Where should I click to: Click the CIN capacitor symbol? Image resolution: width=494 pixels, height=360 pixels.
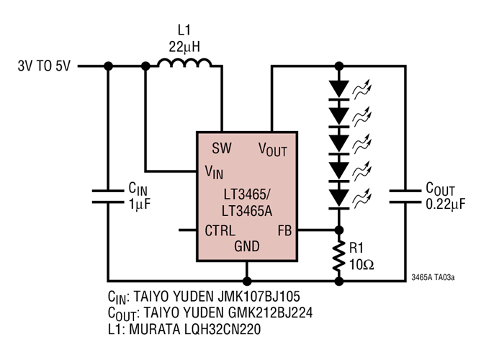coord(108,196)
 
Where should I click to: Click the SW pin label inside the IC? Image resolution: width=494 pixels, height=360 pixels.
coord(221,148)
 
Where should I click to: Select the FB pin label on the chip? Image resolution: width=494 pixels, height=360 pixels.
coord(284,231)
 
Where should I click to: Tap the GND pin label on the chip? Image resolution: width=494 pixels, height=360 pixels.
coord(247,247)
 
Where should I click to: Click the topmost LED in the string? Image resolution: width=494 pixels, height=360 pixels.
coord(338,88)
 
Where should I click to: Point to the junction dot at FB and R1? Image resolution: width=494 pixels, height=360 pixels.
coord(338,231)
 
